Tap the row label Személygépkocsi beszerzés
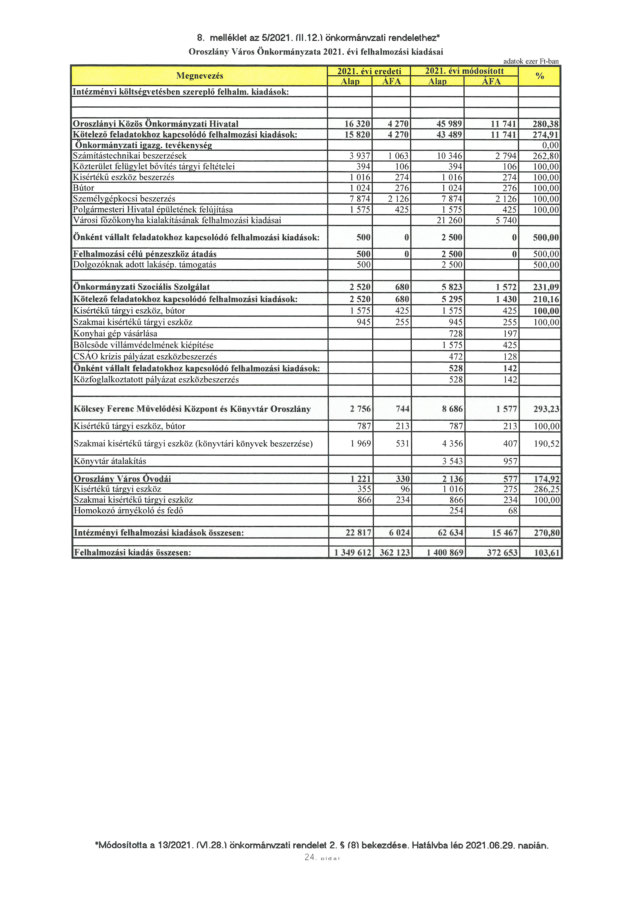[x=124, y=199]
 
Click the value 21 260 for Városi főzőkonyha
[x=449, y=220]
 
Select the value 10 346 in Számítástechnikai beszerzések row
[x=449, y=156]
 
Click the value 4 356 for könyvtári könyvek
[x=453, y=444]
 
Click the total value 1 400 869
[x=445, y=553]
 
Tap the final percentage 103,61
[x=546, y=553]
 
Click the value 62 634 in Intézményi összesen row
[x=450, y=533]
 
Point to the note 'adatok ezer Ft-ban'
[x=531, y=61]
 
